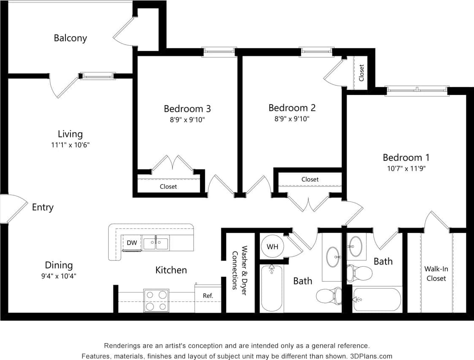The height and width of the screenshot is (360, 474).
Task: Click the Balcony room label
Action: tap(70, 38)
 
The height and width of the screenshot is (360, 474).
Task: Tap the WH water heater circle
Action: tap(272, 246)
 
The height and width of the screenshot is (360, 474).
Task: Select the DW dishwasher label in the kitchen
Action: tap(132, 243)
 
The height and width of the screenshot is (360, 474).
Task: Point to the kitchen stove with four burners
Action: tap(156, 300)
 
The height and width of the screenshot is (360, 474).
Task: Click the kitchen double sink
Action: tap(156, 244)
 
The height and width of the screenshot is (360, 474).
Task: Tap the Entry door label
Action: tap(43, 207)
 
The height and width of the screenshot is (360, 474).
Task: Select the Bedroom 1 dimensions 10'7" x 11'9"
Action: tap(406, 168)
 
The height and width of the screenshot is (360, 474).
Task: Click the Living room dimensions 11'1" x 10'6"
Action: tap(70, 145)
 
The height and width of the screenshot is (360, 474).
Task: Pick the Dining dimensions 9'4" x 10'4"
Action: tap(59, 276)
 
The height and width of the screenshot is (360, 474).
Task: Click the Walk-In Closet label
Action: tap(436, 273)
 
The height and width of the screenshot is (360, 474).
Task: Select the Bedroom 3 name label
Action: tap(187, 109)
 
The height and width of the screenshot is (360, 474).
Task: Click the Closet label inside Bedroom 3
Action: tap(168, 187)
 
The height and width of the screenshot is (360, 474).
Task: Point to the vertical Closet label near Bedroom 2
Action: tap(361, 73)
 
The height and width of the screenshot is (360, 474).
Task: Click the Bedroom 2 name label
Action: tap(292, 108)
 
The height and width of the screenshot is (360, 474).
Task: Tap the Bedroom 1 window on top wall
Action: tap(416, 90)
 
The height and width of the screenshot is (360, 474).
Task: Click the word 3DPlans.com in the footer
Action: tap(372, 356)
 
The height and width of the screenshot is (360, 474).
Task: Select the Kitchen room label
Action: tap(171, 270)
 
